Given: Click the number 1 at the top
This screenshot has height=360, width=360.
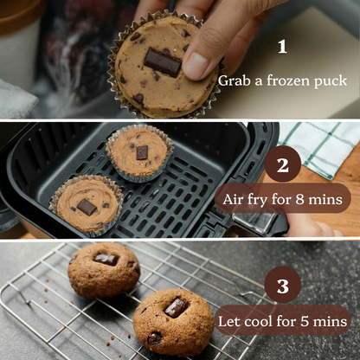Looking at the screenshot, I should point(281,47).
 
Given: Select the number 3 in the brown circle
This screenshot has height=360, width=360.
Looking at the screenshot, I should point(282,286).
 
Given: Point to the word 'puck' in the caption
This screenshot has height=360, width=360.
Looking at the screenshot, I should point(331,81).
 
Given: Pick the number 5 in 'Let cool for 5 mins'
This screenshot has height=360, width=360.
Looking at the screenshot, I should point(304,321).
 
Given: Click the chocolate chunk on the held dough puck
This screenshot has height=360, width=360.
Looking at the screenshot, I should point(162,62).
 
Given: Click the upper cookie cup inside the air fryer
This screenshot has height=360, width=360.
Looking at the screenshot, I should point(139,151).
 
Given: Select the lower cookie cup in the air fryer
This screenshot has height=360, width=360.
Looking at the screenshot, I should point(86,204).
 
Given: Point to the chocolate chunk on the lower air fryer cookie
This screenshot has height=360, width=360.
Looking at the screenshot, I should point(87,207).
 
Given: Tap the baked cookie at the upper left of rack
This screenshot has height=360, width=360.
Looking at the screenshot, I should point(103,268).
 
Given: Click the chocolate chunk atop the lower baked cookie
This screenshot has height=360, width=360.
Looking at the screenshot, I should point(176,307).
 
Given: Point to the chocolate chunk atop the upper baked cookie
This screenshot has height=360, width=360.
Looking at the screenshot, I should point(106,258).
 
